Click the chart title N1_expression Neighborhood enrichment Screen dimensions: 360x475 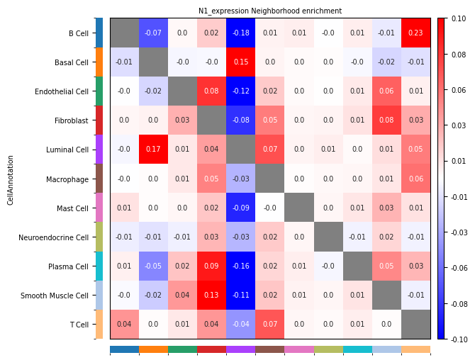tap(269, 11)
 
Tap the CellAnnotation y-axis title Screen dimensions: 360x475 tap(11, 180)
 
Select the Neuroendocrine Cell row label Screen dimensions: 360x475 tap(54, 237)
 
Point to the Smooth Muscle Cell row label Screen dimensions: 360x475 tap(55, 296)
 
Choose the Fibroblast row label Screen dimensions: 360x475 tap(72, 121)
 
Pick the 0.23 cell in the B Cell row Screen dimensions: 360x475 tap(415, 33)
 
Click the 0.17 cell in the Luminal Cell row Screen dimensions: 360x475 tap(154, 150)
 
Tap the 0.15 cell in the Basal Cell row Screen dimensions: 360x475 tap(241, 62)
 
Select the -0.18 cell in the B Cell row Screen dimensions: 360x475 tap(241, 33)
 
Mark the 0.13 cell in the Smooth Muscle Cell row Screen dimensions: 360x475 tap(212, 296)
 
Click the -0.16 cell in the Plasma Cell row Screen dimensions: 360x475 tap(241, 266)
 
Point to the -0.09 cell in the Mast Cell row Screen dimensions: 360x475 tap(241, 208)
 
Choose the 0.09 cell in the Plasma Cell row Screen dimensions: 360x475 tap(212, 266)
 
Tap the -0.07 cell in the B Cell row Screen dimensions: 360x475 tap(154, 33)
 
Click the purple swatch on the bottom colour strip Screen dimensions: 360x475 tap(241, 349)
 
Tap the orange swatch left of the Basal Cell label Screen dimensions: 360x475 tap(99, 62)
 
